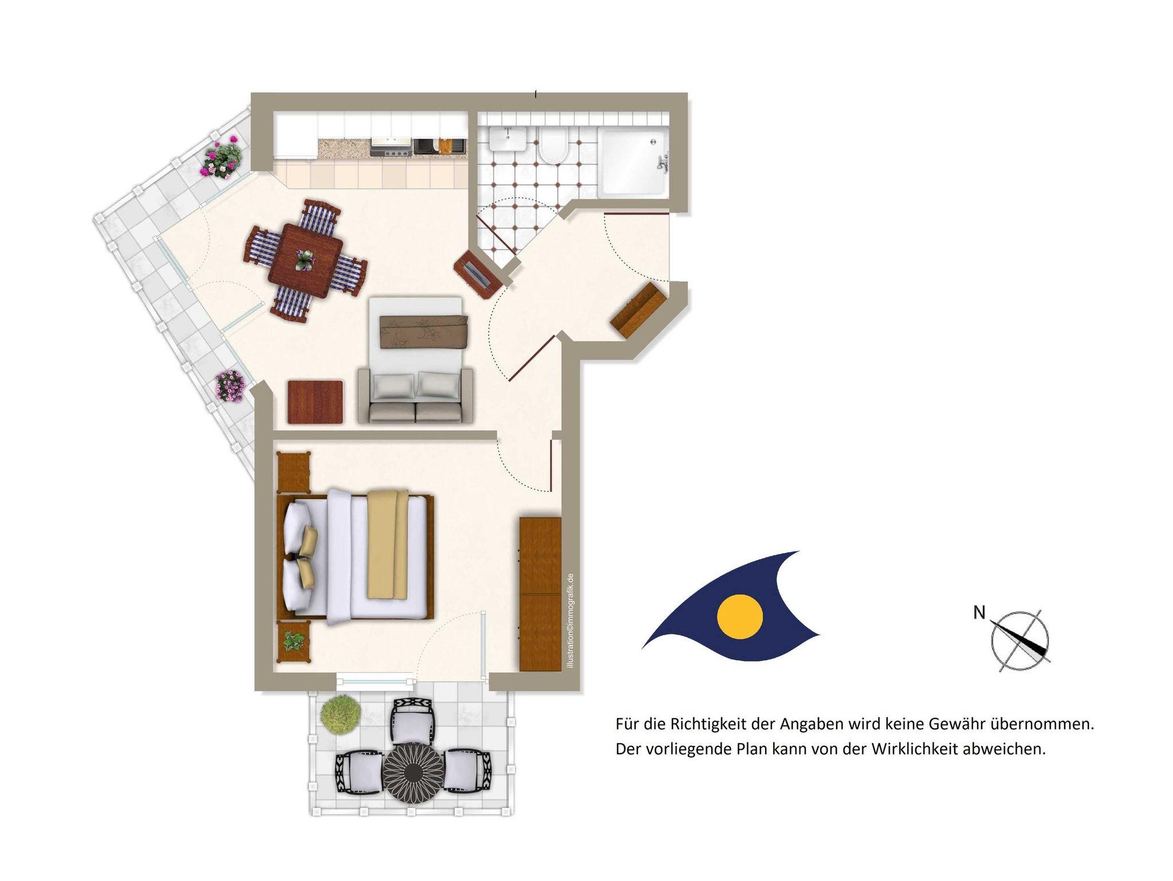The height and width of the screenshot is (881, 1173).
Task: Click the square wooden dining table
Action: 305,261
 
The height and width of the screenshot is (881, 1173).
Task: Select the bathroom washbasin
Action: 507,139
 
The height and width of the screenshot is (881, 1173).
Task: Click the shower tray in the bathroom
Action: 633,163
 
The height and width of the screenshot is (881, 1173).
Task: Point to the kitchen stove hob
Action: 391,147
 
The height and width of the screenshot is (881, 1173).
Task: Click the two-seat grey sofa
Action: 415,395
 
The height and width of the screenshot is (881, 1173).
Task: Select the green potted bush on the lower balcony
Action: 341,714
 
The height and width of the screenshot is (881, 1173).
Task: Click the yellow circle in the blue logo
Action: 740,616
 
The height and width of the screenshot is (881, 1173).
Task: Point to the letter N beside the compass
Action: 979,613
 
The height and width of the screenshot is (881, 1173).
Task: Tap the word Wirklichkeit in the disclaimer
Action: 912,749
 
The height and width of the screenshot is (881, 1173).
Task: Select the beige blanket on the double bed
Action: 388,545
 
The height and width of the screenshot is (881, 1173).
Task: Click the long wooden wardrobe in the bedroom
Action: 540,594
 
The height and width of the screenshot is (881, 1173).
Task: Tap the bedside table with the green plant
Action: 293,642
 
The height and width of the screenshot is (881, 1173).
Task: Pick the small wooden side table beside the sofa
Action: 316,402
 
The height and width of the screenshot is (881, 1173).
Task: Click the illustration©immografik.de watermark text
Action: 569,621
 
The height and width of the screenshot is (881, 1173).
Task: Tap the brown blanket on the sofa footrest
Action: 424,331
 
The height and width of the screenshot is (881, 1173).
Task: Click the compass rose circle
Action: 1020,640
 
